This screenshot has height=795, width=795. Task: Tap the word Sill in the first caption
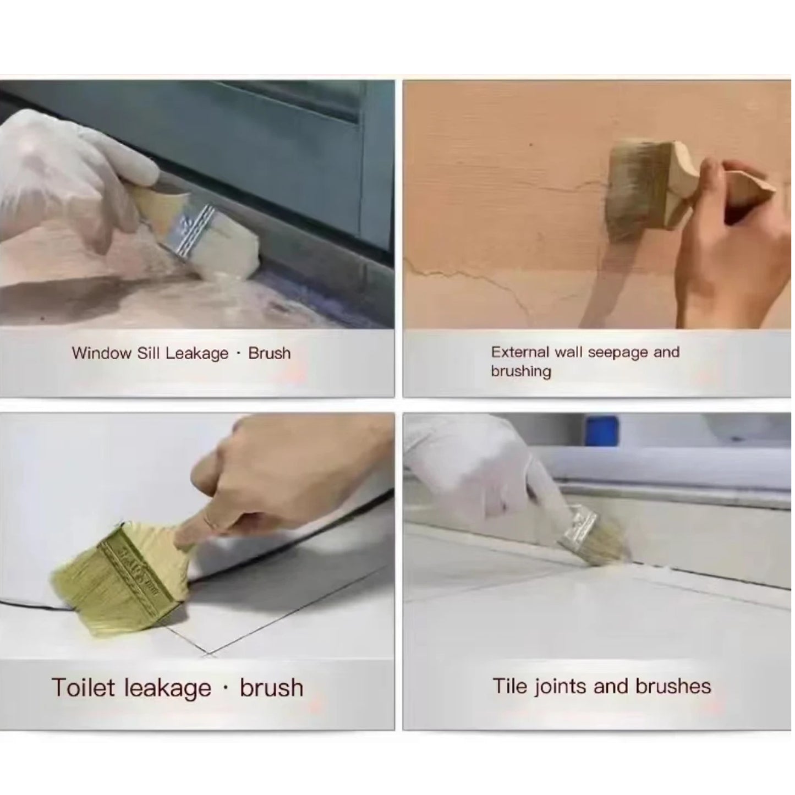pos(149,353)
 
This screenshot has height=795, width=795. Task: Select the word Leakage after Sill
pos(196,354)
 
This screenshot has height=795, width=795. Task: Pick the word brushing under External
pos(520,371)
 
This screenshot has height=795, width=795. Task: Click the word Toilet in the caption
pos(84,688)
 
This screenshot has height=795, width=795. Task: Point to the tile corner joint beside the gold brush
pos(208,654)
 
